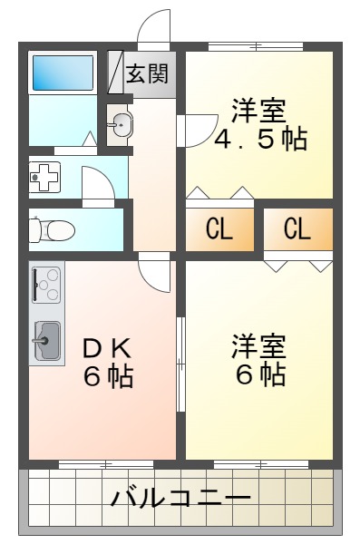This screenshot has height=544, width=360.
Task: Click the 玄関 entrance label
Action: [147, 73]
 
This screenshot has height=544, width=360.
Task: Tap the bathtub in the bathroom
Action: [63, 73]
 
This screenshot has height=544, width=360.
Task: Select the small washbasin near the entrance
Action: [121, 124]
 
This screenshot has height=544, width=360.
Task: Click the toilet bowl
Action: [53, 230]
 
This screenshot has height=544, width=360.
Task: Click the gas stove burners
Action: [46, 285]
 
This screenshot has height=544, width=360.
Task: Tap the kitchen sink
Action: [46, 341]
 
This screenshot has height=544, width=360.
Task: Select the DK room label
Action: [108, 347]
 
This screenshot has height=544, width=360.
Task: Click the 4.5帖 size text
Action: [260, 140]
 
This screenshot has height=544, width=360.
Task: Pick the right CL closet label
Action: [297, 228]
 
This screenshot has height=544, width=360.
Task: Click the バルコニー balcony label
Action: [181, 498]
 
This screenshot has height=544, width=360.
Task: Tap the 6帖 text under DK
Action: [108, 374]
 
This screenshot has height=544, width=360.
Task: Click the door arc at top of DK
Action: [155, 275]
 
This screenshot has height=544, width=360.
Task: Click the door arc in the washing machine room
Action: [97, 187]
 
